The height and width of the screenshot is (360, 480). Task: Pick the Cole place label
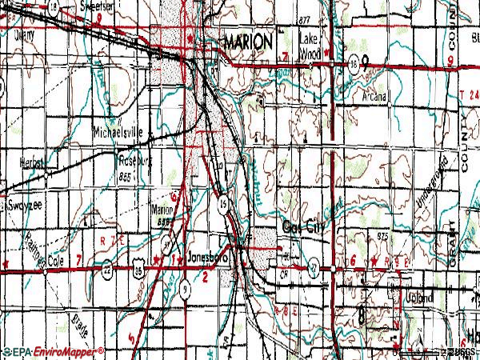pyautogui.click(x=54, y=261)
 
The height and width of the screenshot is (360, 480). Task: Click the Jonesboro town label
pyautogui.click(x=206, y=258)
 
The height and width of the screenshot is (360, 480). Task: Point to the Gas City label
pyautogui.click(x=306, y=226)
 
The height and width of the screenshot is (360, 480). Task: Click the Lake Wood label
pyautogui.click(x=310, y=46)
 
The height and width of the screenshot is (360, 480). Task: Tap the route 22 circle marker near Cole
pyautogui.click(x=106, y=271)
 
